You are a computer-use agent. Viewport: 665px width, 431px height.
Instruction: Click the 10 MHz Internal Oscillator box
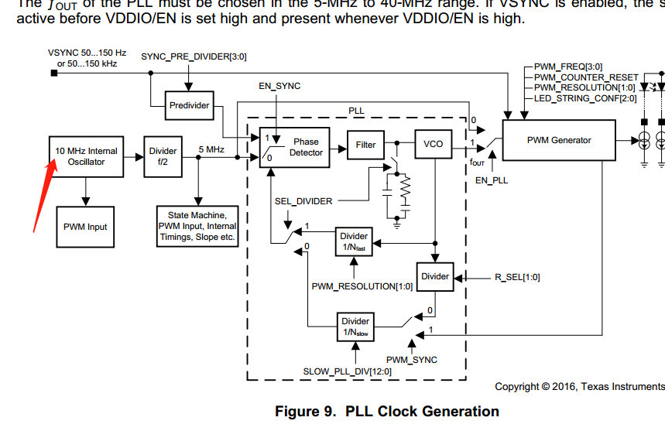tap(86, 156)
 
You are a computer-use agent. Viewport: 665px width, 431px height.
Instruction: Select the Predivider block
tap(189, 105)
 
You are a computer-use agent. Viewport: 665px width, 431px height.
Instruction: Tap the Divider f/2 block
tap(163, 156)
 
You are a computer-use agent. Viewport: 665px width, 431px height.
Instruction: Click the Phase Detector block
tap(295, 147)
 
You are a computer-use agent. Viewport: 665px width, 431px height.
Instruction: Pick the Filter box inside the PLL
tap(365, 144)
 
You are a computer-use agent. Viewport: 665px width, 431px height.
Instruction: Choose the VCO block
tap(433, 144)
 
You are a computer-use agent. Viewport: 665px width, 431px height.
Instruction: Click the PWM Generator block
tap(558, 140)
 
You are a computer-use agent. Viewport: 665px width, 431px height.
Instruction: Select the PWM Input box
tap(86, 227)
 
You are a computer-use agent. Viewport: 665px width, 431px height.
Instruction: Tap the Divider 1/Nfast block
tap(355, 241)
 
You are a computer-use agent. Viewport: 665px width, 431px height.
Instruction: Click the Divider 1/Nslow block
tap(355, 326)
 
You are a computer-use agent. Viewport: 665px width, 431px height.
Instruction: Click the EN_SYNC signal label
tap(279, 86)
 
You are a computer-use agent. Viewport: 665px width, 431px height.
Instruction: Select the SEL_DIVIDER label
tap(303, 201)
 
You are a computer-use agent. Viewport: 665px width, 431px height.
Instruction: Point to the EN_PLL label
tap(491, 180)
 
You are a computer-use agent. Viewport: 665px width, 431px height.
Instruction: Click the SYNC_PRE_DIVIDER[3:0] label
tap(194, 57)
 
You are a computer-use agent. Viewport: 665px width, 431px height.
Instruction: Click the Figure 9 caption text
tap(386, 412)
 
